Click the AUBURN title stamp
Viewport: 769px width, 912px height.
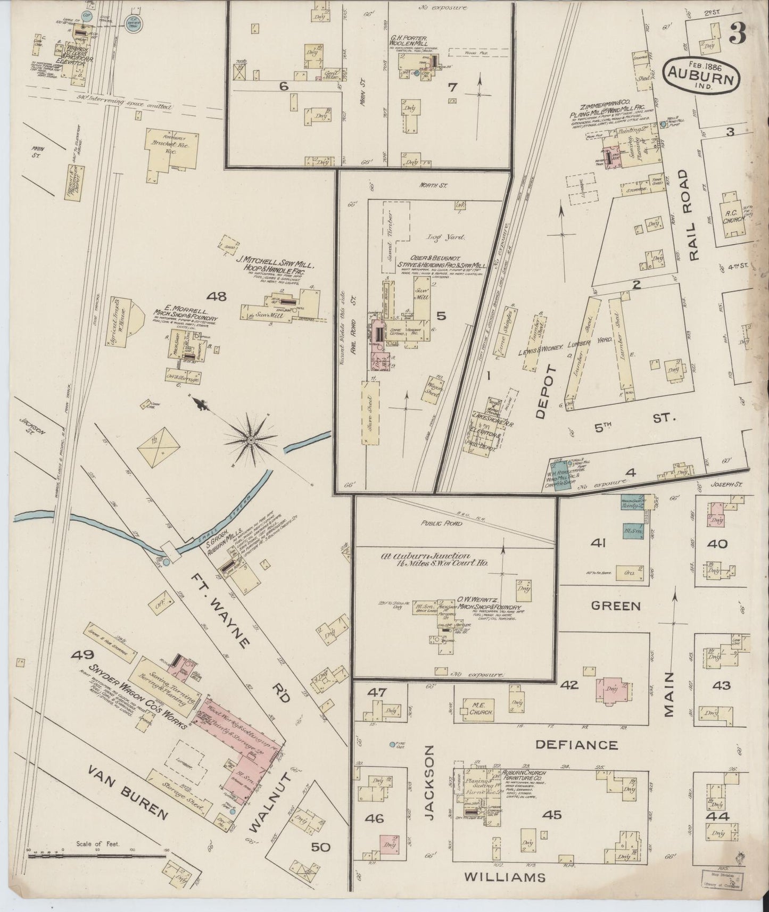701,74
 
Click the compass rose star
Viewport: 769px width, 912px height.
250,440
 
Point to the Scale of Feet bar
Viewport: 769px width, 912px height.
96,856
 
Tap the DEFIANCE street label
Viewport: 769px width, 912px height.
576,745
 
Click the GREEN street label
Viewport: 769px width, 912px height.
616,606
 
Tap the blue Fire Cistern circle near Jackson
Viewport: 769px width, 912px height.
392,744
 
